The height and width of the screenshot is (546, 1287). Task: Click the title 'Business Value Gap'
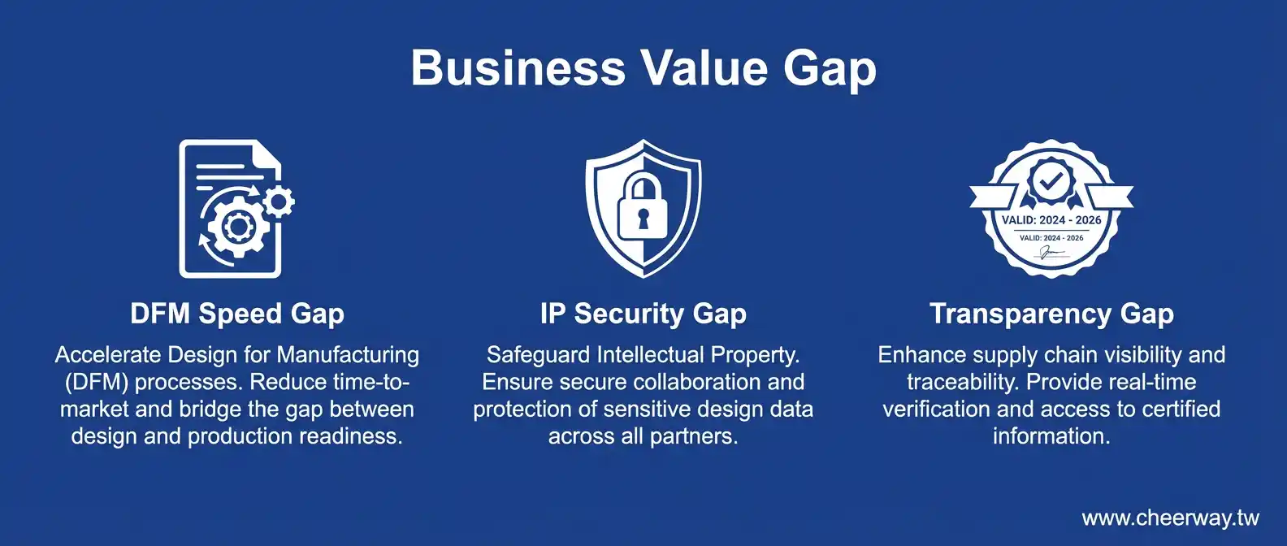643,69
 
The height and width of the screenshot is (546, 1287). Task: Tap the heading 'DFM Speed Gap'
237,314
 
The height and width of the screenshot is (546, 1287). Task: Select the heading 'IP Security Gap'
643,314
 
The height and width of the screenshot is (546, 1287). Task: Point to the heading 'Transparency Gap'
1051,314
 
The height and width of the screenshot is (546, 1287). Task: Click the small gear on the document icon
279,201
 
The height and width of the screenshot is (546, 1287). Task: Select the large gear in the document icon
237,227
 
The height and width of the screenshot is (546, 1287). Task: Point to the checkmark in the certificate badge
1051,182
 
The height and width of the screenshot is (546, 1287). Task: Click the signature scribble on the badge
1051,253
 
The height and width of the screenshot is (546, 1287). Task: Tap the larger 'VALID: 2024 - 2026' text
1051,220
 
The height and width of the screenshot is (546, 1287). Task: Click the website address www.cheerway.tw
1170,518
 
